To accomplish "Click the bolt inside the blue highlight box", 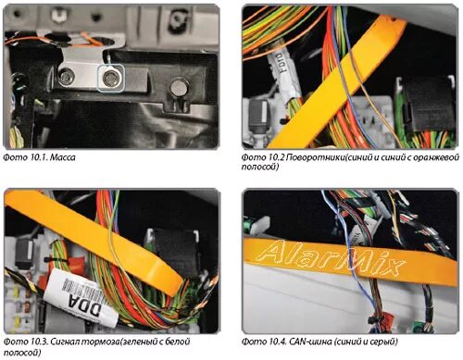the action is (110, 79).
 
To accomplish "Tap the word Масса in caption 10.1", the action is (62, 157).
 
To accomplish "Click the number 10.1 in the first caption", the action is (39, 157).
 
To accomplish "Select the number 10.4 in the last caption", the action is (278, 341).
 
